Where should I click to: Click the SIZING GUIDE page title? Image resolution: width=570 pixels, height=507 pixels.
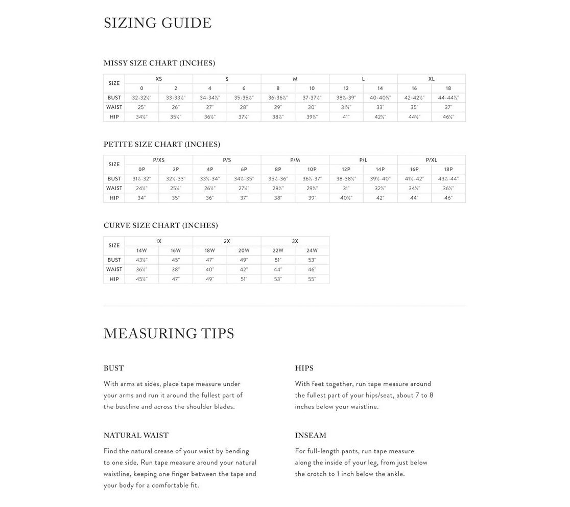157,23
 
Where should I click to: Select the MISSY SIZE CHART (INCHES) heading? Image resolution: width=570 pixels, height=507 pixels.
159,63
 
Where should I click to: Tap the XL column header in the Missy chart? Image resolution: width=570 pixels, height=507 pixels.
431,79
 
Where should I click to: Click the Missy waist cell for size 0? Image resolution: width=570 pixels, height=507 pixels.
141,107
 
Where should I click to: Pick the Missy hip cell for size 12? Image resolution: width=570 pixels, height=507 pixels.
346,117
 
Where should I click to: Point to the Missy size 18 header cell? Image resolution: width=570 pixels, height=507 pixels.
448,88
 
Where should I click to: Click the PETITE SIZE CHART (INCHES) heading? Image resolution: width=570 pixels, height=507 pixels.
161,144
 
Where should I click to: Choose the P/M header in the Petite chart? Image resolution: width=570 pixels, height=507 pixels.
295,160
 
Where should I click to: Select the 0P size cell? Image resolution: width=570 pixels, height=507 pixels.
141,169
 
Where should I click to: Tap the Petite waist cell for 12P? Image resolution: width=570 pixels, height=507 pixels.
346,188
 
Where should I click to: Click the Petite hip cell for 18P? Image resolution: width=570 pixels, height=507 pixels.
448,198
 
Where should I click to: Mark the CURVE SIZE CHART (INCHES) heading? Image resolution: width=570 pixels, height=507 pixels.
160,225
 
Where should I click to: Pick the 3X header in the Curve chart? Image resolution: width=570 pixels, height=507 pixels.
295,241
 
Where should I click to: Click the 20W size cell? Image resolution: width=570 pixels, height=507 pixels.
244,250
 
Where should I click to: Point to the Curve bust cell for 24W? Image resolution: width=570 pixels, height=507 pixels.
312,260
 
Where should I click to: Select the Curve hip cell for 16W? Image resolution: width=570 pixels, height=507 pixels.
176,279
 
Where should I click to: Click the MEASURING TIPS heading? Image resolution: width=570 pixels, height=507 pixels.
169,334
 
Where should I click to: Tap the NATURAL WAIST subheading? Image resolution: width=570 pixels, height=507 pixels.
136,435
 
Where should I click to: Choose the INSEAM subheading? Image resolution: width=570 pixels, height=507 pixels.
310,435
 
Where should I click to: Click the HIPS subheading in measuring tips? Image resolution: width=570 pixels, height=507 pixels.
304,368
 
